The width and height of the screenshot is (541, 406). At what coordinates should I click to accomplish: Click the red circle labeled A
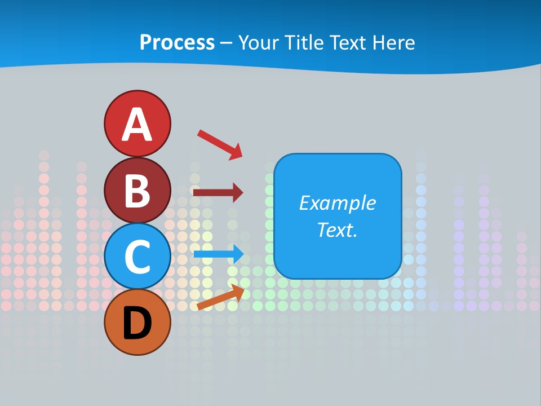[x=138, y=123]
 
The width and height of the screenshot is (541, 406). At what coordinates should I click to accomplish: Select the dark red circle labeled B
[x=138, y=190]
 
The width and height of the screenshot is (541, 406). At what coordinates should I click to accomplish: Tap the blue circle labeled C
[x=138, y=256]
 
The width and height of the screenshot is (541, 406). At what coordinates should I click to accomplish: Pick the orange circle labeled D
[x=138, y=322]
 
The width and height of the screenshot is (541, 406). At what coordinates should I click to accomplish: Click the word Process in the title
[x=177, y=43]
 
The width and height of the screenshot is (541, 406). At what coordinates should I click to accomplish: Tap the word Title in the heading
[x=304, y=43]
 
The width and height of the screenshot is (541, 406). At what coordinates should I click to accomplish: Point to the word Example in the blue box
[x=337, y=203]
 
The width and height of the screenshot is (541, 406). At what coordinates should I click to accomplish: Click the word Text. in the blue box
[x=337, y=230]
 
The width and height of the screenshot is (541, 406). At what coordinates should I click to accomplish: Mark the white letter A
[x=138, y=125]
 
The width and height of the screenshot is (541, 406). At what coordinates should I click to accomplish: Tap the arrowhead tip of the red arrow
[x=240, y=156]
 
